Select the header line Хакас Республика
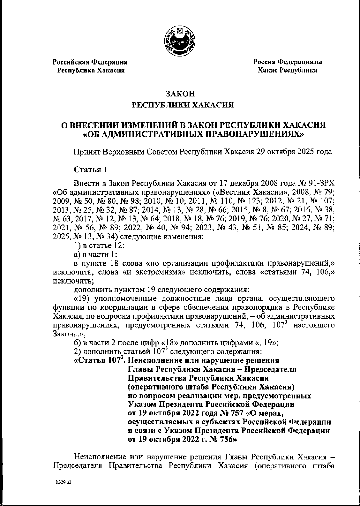pyautogui.click(x=287, y=70)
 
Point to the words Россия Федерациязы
pyautogui.click(x=287, y=62)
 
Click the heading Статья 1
pyautogui.click(x=91, y=170)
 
